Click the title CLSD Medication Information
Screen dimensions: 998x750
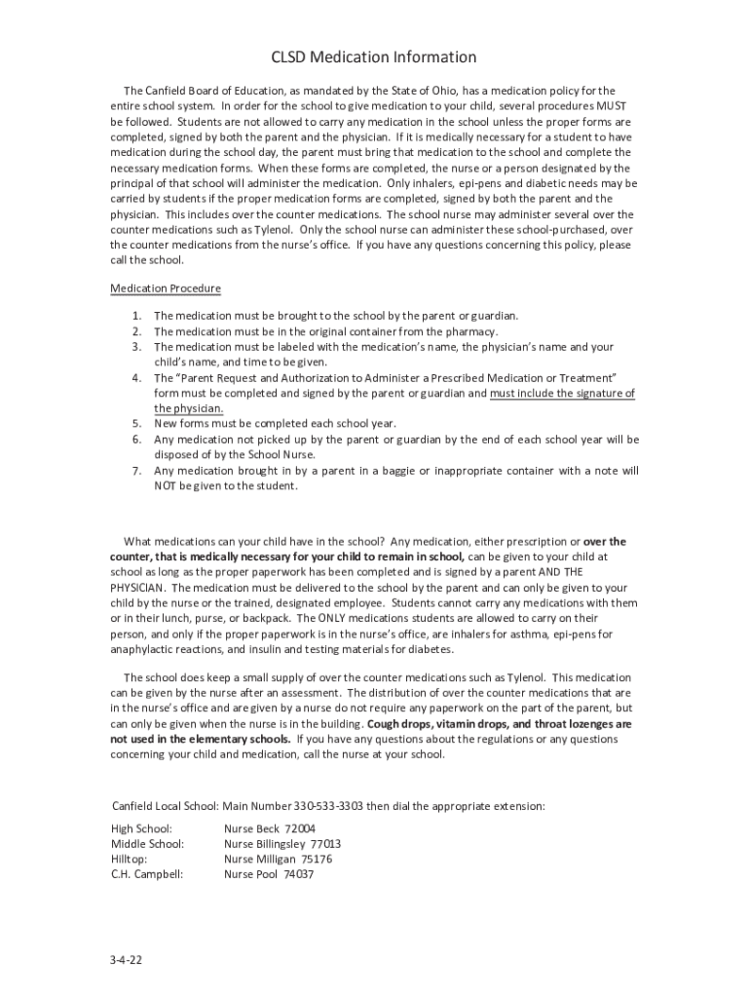[x=374, y=58]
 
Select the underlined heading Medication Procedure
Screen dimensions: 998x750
[x=166, y=288]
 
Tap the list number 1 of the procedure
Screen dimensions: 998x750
[x=137, y=316]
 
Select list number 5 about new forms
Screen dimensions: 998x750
[x=137, y=424]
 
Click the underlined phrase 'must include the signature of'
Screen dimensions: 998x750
[x=562, y=394]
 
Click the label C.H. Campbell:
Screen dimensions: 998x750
[x=147, y=875]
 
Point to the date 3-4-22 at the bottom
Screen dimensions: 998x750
[x=127, y=960]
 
